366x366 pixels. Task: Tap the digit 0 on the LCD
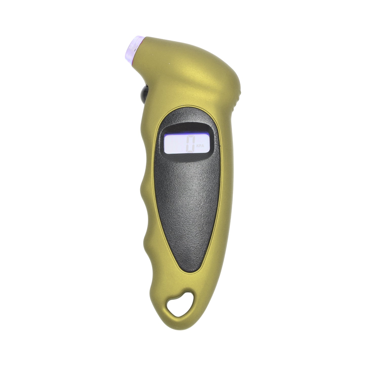click(190, 144)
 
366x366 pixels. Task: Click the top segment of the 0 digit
click(190, 137)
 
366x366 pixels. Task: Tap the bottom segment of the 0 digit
click(190, 151)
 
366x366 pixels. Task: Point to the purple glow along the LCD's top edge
click(187, 133)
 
